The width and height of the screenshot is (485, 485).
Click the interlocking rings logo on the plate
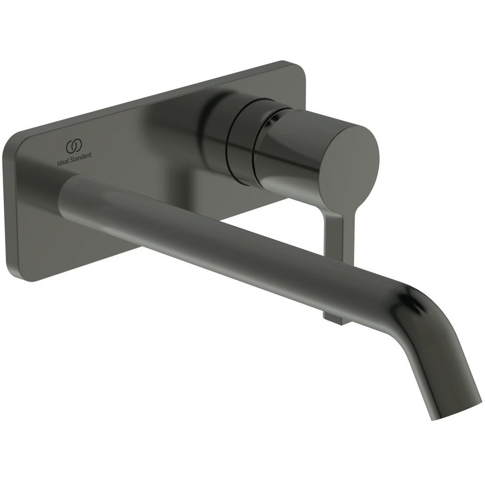click(x=74, y=146)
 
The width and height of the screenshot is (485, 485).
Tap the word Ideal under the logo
click(x=63, y=156)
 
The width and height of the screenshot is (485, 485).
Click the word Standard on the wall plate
click(x=80, y=155)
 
